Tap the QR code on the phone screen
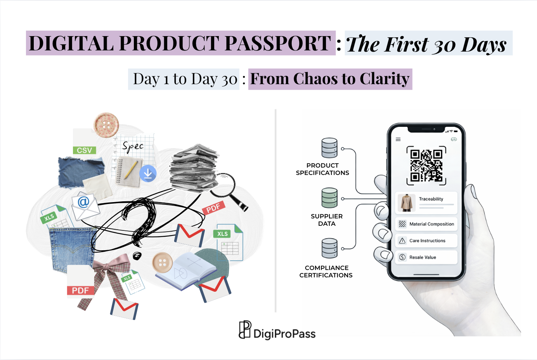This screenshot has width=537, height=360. click(x=426, y=166)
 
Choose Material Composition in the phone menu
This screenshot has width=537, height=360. click(x=426, y=224)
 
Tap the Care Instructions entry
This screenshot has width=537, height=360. click(x=426, y=241)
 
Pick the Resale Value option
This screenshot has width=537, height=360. click(x=426, y=257)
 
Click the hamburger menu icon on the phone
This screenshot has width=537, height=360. click(x=398, y=139)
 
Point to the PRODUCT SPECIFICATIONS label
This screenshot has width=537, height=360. click(x=322, y=169)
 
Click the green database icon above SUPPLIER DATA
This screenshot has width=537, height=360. click(x=329, y=198)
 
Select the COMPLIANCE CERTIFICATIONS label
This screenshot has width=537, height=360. click(x=326, y=272)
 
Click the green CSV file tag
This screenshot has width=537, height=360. click(x=84, y=150)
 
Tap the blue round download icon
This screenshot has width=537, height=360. click(x=148, y=173)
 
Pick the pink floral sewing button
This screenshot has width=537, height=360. click(x=106, y=125)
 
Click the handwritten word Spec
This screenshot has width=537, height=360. click(x=133, y=146)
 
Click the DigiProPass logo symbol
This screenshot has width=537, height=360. click(x=245, y=330)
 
